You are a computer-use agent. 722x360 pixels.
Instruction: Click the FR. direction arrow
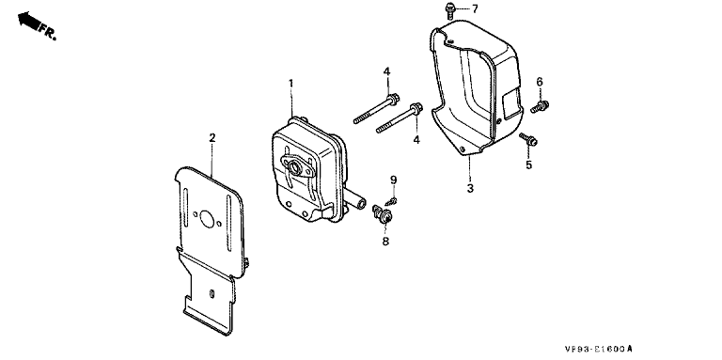click(x=28, y=21)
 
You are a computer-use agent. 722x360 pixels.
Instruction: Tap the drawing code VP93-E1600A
click(x=600, y=350)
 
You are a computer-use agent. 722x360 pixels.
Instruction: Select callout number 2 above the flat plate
click(x=212, y=137)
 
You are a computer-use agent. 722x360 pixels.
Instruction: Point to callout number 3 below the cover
click(x=470, y=188)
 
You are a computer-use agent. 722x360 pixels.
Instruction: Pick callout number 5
click(x=528, y=164)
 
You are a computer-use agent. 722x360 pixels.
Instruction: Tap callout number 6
click(x=540, y=82)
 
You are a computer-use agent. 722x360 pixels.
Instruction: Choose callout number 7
click(x=475, y=8)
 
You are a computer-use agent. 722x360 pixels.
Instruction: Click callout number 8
click(x=385, y=241)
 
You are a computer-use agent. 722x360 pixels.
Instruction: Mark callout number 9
click(x=394, y=180)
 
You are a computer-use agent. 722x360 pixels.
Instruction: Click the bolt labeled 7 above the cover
click(x=450, y=10)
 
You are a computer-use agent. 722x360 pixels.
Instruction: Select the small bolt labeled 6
click(x=540, y=107)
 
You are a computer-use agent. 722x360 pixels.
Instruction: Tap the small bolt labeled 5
click(x=528, y=139)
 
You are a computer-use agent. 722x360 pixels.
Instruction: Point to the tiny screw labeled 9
click(x=391, y=201)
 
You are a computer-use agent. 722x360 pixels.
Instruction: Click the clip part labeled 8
click(x=382, y=214)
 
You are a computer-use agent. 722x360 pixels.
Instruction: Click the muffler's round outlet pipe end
click(x=361, y=202)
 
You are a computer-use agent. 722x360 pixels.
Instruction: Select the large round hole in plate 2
click(x=207, y=220)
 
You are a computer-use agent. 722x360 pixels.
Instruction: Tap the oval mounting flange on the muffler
click(x=298, y=166)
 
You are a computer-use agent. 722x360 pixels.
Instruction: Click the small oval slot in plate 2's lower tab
click(x=212, y=293)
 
